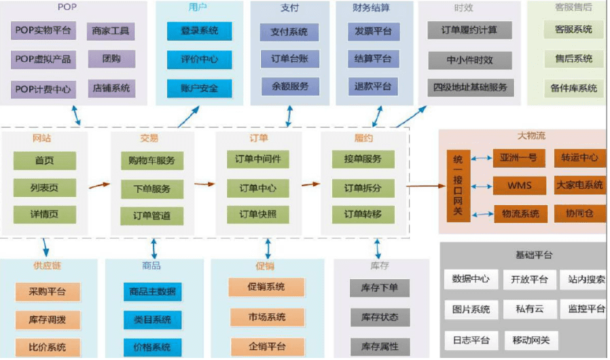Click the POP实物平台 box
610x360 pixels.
(43, 31)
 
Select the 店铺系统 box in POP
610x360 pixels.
(111, 88)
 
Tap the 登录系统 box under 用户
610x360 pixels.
(199, 31)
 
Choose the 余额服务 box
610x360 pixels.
(289, 86)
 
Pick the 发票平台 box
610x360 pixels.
(372, 31)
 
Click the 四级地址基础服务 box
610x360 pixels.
(471, 88)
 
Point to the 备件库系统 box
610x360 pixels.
(573, 88)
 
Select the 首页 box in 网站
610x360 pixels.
(45, 160)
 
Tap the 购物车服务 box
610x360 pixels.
(151, 160)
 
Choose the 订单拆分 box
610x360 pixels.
(363, 188)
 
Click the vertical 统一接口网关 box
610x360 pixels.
(457, 185)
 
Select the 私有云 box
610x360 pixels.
(528, 309)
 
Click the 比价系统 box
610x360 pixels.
(47, 347)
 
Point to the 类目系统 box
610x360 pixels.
(152, 319)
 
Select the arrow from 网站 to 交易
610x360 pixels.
(99, 184)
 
